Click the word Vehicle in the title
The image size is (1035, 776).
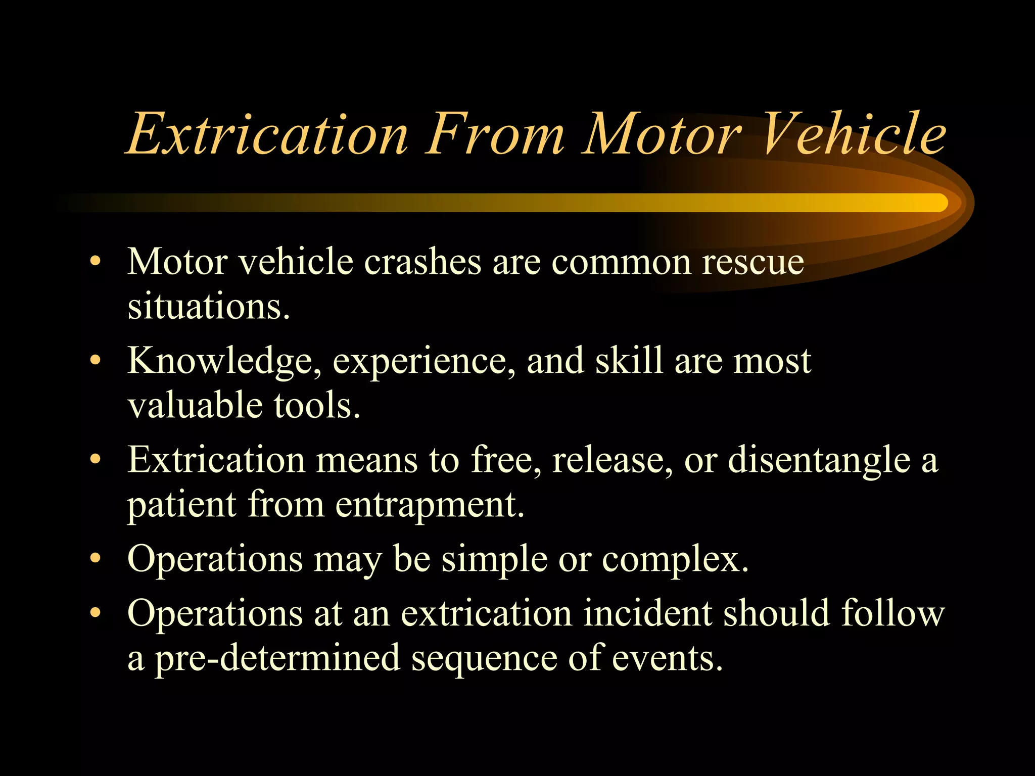pos(854,134)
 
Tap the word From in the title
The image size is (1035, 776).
pos(495,134)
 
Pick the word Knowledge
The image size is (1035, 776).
pos(224,362)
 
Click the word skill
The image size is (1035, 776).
pos(629,361)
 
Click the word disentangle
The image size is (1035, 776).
pos(819,461)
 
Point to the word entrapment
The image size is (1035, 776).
pos(430,505)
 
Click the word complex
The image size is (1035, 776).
pos(675,560)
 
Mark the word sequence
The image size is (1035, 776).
pos(484,660)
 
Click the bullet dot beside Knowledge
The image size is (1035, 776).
pos(95,361)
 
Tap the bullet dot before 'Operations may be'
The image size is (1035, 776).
pos(95,559)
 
